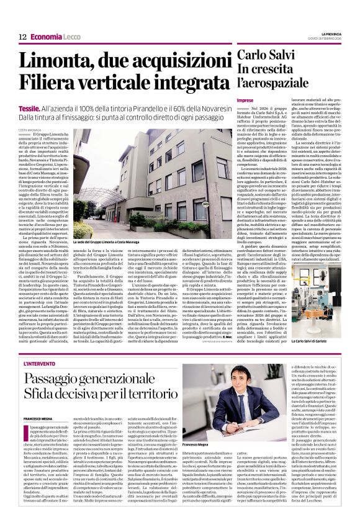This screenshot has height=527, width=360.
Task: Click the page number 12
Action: click(x=22, y=37)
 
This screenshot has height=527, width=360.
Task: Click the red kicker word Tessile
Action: click(x=30, y=107)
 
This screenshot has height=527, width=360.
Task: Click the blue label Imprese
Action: click(x=245, y=100)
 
